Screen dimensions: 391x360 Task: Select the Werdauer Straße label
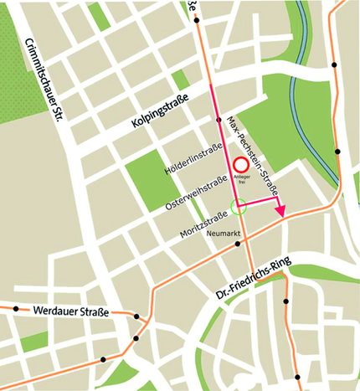[x=70, y=312]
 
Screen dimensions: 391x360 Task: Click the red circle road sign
[x=242, y=166]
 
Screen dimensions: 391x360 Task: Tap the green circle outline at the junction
[x=237, y=205]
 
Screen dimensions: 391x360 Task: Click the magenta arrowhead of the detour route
[x=282, y=211]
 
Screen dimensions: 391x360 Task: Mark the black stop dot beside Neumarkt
[x=239, y=244]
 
